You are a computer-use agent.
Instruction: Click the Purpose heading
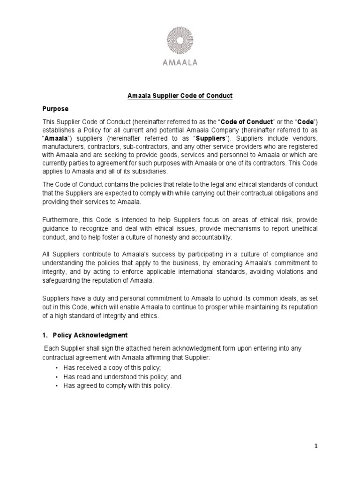[56, 109]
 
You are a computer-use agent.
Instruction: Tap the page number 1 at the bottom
[316, 446]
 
